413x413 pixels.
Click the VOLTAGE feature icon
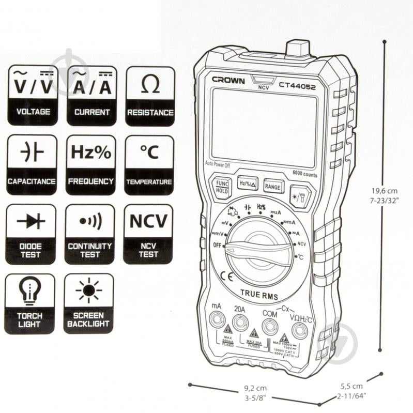(x=33, y=95)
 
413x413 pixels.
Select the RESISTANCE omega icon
(x=150, y=95)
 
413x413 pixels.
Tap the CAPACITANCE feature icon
(x=32, y=164)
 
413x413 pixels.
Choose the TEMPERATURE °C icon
(x=149, y=164)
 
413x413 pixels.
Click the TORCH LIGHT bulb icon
(x=29, y=303)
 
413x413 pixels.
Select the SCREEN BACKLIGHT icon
(x=88, y=303)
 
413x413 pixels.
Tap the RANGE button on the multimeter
(x=272, y=186)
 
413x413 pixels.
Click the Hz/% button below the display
(x=248, y=183)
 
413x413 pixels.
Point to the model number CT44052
(x=297, y=86)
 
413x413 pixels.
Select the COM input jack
(x=269, y=326)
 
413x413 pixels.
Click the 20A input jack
(x=240, y=323)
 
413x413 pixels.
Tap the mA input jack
(x=217, y=320)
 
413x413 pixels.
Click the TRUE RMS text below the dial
(x=258, y=296)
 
